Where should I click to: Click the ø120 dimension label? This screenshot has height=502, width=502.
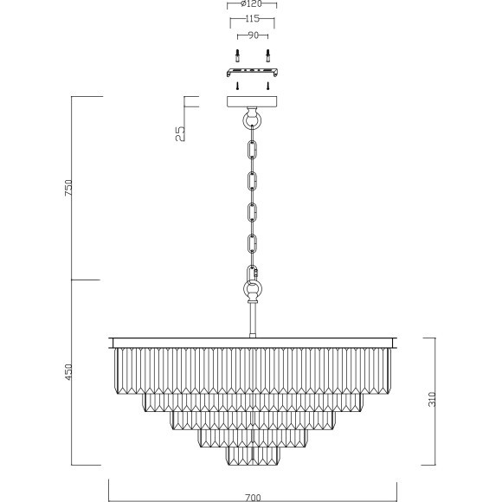tap(251, 3)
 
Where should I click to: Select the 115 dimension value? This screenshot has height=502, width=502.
tap(252, 18)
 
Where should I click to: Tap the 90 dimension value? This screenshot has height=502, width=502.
tap(253, 35)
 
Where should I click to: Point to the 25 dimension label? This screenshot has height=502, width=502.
tap(180, 133)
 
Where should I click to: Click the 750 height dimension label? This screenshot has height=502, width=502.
tap(69, 188)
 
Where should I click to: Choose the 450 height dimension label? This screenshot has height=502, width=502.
tap(69, 372)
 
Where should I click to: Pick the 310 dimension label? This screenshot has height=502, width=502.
tap(432, 399)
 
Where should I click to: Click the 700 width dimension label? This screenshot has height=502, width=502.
tap(253, 498)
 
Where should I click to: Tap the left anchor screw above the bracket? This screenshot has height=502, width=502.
tap(237, 56)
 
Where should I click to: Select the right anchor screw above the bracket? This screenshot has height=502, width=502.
tap(268, 56)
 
